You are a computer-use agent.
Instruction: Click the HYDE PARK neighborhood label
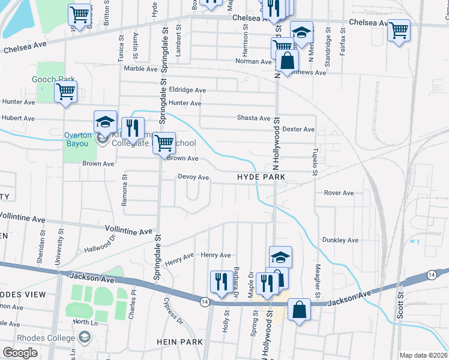tap(261, 178)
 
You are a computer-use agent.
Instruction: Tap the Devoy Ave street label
tap(193, 178)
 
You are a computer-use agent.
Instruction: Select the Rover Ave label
tap(339, 193)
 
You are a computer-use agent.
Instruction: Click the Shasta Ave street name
tap(254, 118)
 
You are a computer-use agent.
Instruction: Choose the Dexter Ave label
tap(298, 129)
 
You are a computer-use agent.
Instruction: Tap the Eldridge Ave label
tap(187, 90)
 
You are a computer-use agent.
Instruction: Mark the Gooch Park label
tap(53, 79)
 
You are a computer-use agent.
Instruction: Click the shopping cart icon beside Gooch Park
tap(65, 92)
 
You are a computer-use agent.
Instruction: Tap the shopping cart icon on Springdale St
tap(163, 143)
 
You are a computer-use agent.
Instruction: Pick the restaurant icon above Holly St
tap(220, 281)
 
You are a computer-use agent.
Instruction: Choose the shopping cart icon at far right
tap(399, 29)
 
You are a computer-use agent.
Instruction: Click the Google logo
tap(20, 353)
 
